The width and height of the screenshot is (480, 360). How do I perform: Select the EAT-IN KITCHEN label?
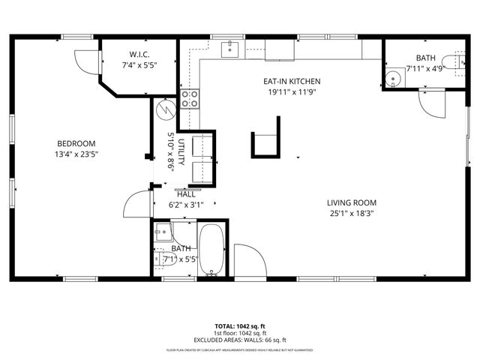click(291, 82)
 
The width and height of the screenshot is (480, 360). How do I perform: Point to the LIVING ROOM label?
click(351, 202)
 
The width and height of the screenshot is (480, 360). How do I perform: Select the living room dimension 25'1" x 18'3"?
click(351, 213)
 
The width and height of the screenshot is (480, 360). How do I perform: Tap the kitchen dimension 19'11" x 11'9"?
click(291, 92)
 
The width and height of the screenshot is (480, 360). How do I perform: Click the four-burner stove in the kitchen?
click(190, 98)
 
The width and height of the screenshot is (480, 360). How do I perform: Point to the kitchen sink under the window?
click(229, 49)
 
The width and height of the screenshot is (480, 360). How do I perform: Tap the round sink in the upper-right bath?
click(392, 77)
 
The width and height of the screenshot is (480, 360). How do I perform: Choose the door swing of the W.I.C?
click(88, 61)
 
